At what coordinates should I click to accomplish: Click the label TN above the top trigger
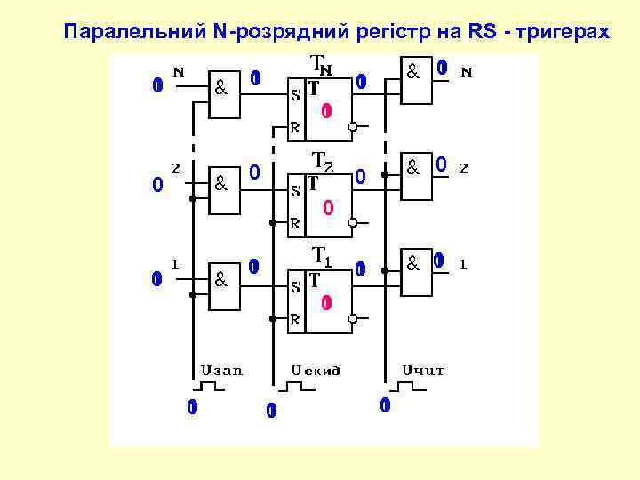click(320, 65)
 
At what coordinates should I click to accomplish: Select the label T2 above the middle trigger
click(323, 162)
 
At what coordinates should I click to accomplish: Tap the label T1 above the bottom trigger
click(322, 257)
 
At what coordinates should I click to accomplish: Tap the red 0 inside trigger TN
click(326, 111)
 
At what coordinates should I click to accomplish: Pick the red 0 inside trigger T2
click(327, 207)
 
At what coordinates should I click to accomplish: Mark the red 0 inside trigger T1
click(326, 303)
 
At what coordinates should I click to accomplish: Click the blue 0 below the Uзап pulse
click(190, 408)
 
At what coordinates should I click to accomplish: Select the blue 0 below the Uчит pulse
click(384, 406)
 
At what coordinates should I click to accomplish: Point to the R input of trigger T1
click(296, 317)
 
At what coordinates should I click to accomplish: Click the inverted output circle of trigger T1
click(353, 317)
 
